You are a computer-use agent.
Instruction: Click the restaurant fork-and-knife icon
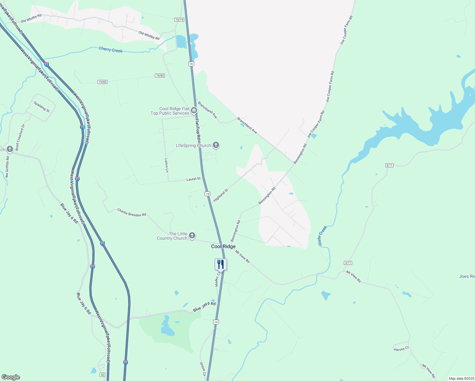[x=221, y=264]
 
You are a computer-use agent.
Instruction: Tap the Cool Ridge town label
[x=224, y=246]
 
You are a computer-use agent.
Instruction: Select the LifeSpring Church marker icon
[x=216, y=145]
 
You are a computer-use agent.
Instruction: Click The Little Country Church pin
[x=192, y=236]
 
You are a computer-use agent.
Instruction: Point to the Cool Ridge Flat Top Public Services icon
[x=194, y=110]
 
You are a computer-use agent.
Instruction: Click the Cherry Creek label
[x=110, y=50]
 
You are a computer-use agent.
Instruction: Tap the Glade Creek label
[x=322, y=236]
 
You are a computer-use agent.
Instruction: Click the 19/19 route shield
[x=179, y=20]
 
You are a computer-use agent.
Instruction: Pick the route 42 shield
[x=102, y=375]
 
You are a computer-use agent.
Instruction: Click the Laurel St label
[x=193, y=179]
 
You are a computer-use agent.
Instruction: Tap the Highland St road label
[x=221, y=195]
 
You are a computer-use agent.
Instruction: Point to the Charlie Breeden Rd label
[x=132, y=212]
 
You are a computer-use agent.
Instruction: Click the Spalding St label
[x=42, y=107]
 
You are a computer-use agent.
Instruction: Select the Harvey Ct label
[x=401, y=349]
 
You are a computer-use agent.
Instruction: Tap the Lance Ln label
[x=166, y=165]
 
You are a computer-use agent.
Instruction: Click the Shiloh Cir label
[x=203, y=369]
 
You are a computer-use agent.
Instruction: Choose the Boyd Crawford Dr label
[x=20, y=137]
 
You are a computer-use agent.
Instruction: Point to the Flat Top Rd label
[x=197, y=130]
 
